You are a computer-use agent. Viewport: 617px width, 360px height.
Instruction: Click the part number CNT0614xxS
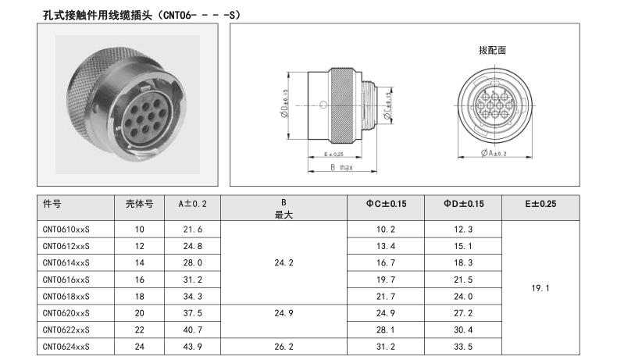pyautogui.click(x=66, y=263)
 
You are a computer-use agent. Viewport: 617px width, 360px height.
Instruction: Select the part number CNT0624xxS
pyautogui.click(x=66, y=347)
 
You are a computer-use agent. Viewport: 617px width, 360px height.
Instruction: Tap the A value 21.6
pyautogui.click(x=193, y=230)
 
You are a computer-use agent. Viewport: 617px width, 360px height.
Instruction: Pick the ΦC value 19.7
pyautogui.click(x=386, y=280)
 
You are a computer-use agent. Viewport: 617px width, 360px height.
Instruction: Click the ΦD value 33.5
pyautogui.click(x=463, y=347)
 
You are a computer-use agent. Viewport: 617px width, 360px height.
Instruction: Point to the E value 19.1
pyautogui.click(x=540, y=288)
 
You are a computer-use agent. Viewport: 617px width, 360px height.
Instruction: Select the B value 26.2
pyautogui.click(x=284, y=347)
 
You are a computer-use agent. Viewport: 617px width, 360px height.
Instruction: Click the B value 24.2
pyautogui.click(x=284, y=263)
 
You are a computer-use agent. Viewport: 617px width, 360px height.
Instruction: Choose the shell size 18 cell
pyautogui.click(x=139, y=297)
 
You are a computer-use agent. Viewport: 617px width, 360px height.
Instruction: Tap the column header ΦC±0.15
pyautogui.click(x=386, y=204)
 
